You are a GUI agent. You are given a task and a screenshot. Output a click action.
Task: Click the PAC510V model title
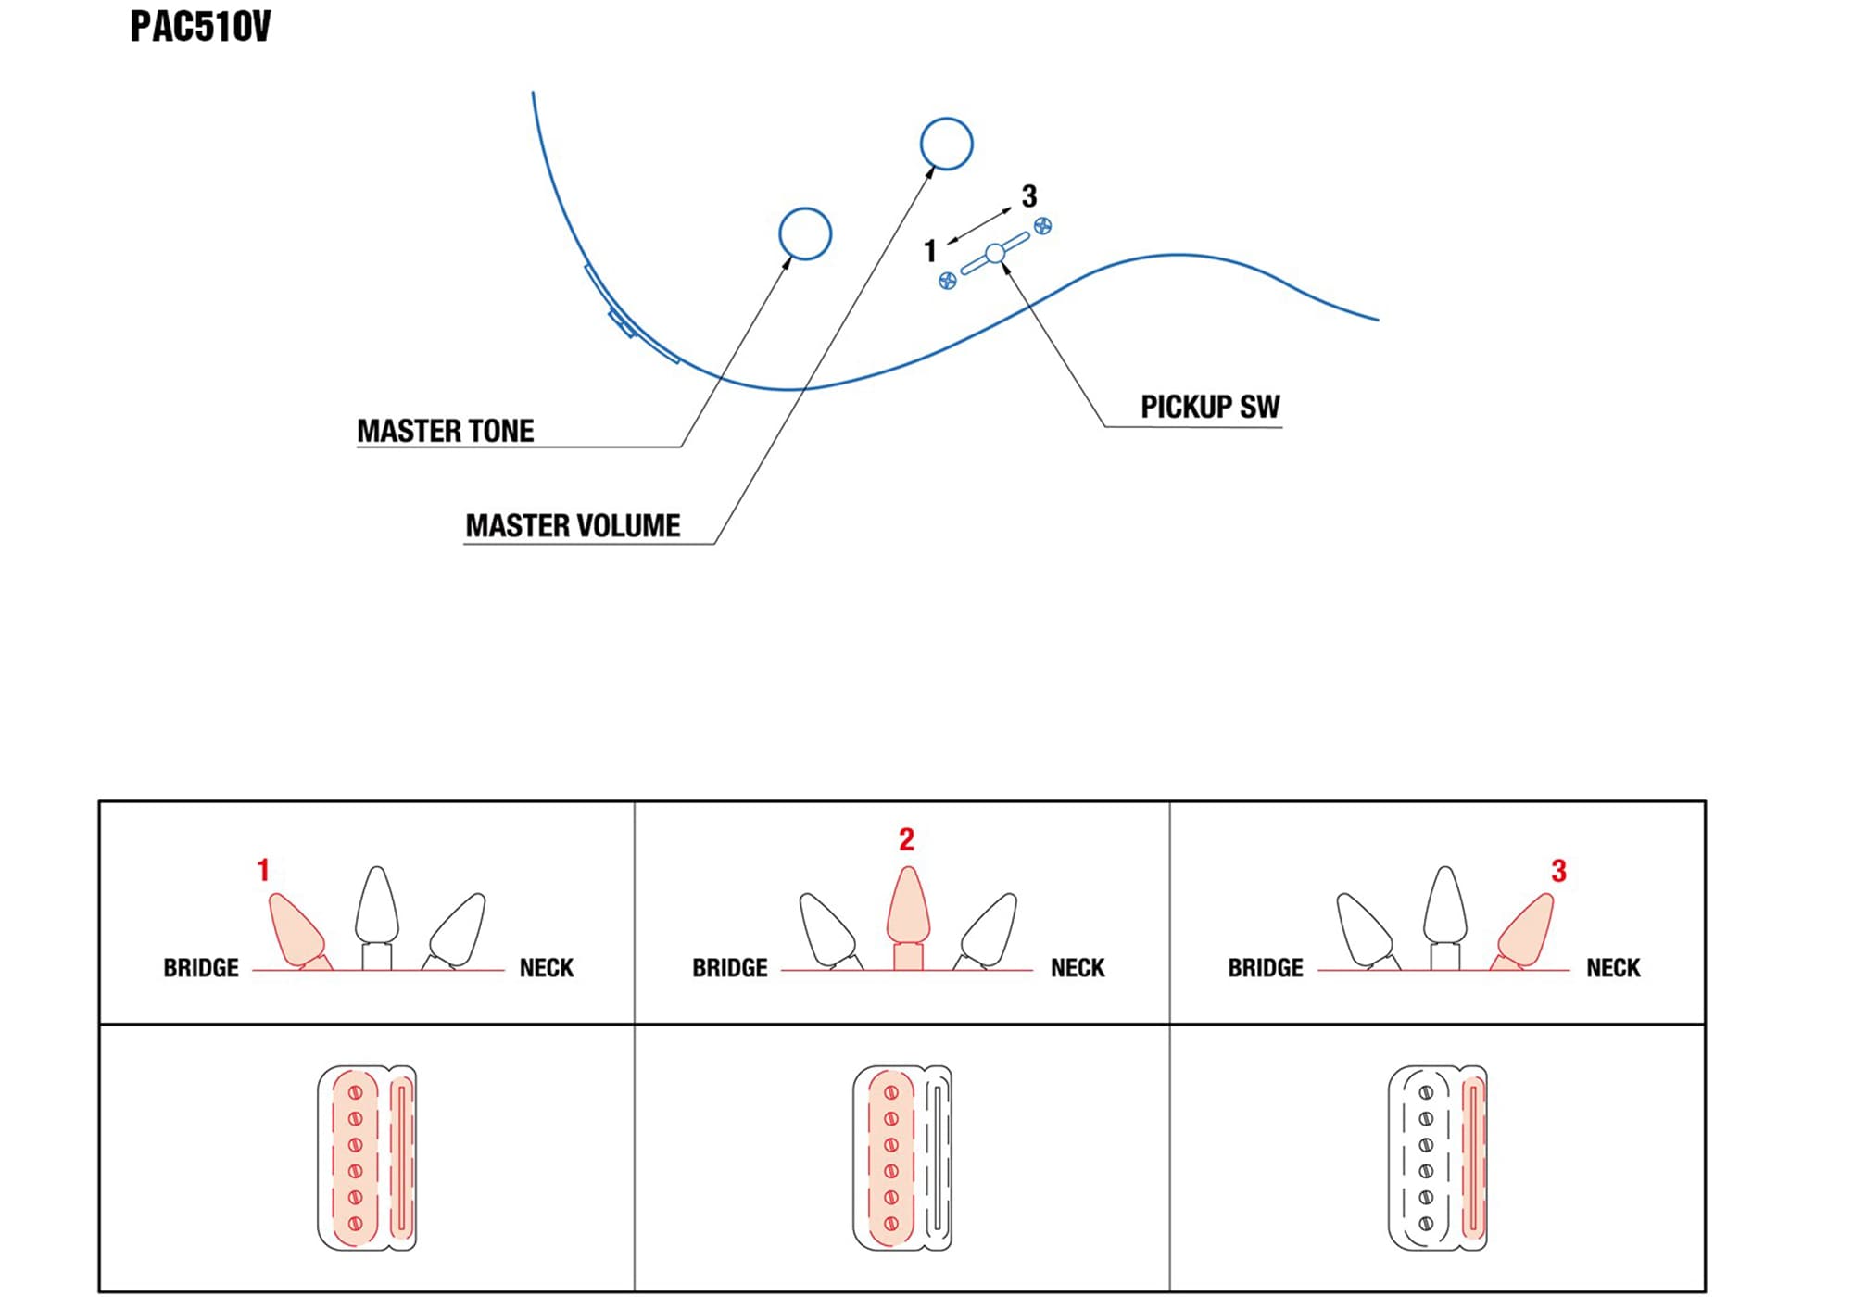(200, 27)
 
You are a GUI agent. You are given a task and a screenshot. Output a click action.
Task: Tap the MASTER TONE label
(446, 432)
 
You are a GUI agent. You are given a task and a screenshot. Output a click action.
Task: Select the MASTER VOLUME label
(573, 526)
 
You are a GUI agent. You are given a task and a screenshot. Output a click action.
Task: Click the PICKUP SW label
(1210, 408)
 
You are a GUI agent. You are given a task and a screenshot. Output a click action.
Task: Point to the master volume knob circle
(946, 144)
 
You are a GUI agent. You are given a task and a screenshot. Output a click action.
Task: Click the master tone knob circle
(805, 233)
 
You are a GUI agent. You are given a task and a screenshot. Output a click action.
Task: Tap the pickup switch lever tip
(995, 253)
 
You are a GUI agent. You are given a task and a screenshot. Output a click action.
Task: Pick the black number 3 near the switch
(1029, 196)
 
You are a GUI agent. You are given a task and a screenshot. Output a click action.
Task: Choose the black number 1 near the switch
(930, 251)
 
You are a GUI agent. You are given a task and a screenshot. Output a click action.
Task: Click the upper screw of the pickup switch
(1043, 225)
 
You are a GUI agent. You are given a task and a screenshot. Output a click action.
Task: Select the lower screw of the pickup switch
(947, 281)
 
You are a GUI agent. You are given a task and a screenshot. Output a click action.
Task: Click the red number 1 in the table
(263, 870)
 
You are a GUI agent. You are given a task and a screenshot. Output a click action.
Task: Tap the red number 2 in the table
(906, 839)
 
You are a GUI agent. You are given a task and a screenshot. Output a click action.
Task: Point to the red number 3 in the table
(1558, 871)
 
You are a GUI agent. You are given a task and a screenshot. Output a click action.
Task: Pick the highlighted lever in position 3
(1527, 930)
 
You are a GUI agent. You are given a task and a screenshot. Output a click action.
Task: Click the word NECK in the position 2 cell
(1078, 968)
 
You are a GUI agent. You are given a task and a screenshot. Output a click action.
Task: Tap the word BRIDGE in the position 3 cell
(1266, 968)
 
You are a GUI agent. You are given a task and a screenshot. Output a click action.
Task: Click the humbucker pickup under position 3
(1438, 1158)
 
